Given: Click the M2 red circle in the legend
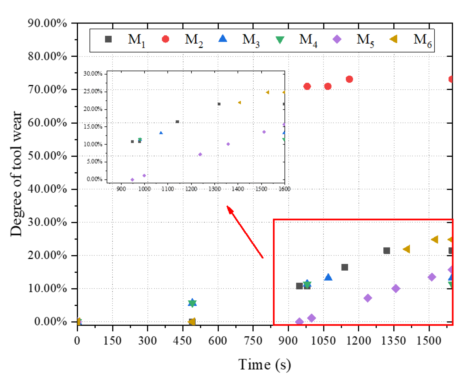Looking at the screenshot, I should [x=165, y=39].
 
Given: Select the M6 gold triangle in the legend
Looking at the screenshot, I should [x=394, y=39].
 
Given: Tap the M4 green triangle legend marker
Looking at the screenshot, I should [x=280, y=40].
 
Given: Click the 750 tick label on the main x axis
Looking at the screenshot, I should [x=253, y=341].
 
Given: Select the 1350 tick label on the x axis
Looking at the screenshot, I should [x=393, y=341].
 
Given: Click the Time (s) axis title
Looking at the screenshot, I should [x=264, y=365].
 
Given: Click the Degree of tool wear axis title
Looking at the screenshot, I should [x=16, y=174].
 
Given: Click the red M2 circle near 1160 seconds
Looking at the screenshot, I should [x=349, y=79].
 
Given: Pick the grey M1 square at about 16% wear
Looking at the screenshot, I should [x=345, y=267].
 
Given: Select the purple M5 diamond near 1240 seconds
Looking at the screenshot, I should [x=368, y=298].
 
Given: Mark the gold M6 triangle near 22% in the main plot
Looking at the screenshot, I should [x=407, y=249].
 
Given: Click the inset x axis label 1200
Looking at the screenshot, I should [x=191, y=189].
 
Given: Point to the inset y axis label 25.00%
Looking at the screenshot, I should [x=93, y=91].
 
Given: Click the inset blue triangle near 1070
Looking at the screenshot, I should [x=161, y=133].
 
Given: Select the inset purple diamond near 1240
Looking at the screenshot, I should [x=200, y=154].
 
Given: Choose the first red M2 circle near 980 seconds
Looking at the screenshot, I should [x=307, y=87].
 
